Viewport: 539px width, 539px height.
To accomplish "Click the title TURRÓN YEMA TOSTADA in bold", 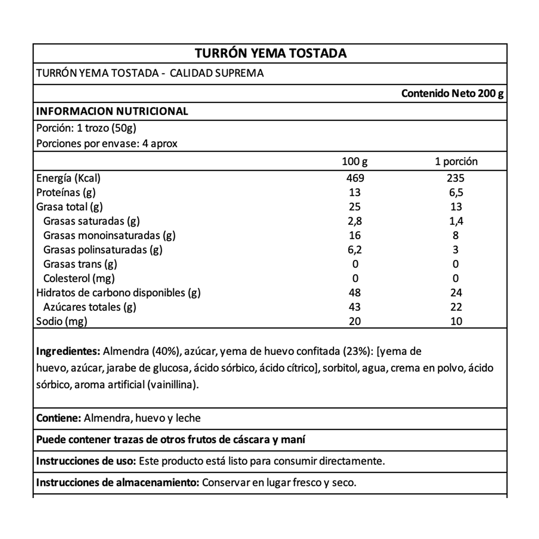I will (271, 53).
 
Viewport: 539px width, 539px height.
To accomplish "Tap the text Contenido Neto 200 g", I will (452, 93).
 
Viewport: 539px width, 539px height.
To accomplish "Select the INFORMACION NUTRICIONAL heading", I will (112, 111).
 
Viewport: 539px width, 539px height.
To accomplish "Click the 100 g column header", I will (354, 161).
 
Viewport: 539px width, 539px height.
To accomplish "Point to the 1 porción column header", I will (456, 161).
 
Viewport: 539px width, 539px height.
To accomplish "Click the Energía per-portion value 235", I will (456, 178).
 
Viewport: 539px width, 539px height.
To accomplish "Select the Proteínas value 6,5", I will (456, 192).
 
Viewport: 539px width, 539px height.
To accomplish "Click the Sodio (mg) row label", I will (61, 321).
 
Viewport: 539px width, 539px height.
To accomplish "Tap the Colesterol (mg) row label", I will (79, 278).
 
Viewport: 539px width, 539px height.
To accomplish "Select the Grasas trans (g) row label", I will (80, 264).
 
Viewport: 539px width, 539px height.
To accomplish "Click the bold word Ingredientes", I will (68, 351).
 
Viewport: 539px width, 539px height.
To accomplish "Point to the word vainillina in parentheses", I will (172, 385).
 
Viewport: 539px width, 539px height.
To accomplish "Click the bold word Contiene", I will (59, 418).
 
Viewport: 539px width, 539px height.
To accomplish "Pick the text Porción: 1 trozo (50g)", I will (86, 128).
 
